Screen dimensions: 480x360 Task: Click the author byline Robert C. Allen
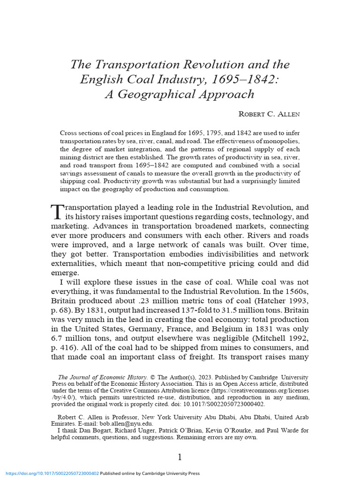click(x=268, y=114)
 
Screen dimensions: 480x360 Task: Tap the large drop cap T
click(x=55, y=211)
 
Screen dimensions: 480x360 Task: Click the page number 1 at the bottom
click(x=180, y=457)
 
